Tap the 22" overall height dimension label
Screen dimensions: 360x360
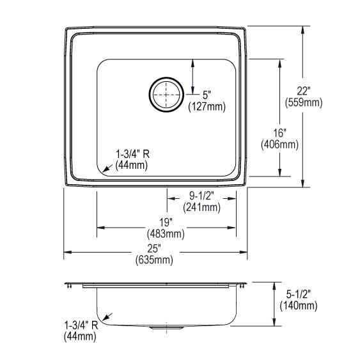coord(304,91)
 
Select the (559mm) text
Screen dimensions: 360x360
coord(304,102)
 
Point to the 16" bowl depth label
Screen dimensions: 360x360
coord(279,133)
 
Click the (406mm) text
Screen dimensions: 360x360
coord(279,145)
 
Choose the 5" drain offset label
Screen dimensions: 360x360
coord(207,95)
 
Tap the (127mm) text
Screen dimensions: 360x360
coord(207,107)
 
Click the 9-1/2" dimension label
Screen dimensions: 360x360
coord(201,196)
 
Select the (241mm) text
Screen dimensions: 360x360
coord(201,207)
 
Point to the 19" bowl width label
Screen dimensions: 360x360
coord(166,223)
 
